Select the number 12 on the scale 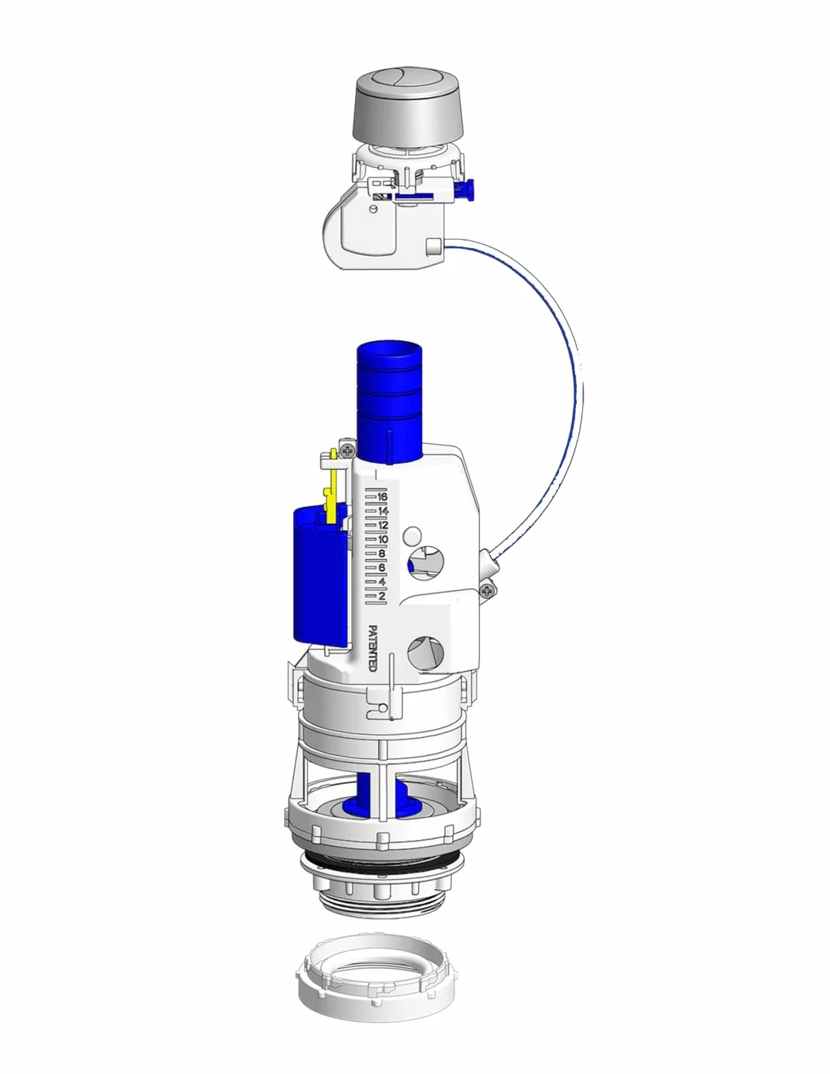click(x=383, y=525)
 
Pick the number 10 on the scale click(x=383, y=539)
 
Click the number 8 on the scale click(x=382, y=553)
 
